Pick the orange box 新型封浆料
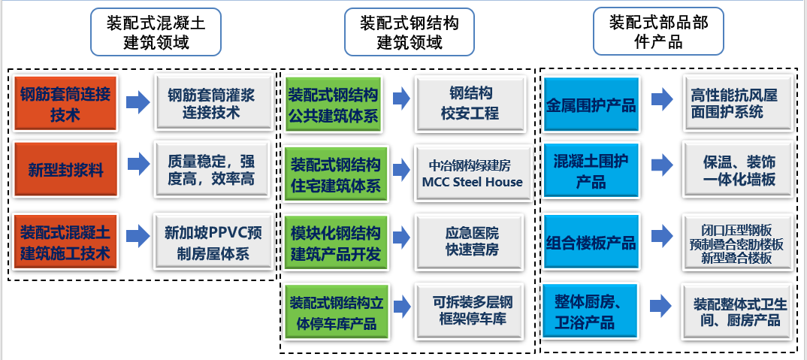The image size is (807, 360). tap(65, 170)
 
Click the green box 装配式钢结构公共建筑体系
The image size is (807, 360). tap(335, 104)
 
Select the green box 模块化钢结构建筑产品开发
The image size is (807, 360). tap(335, 243)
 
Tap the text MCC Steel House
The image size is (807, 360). tap(472, 182)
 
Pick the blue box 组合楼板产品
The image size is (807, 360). tap(591, 243)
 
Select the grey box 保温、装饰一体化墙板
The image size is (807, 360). tap(739, 171)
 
